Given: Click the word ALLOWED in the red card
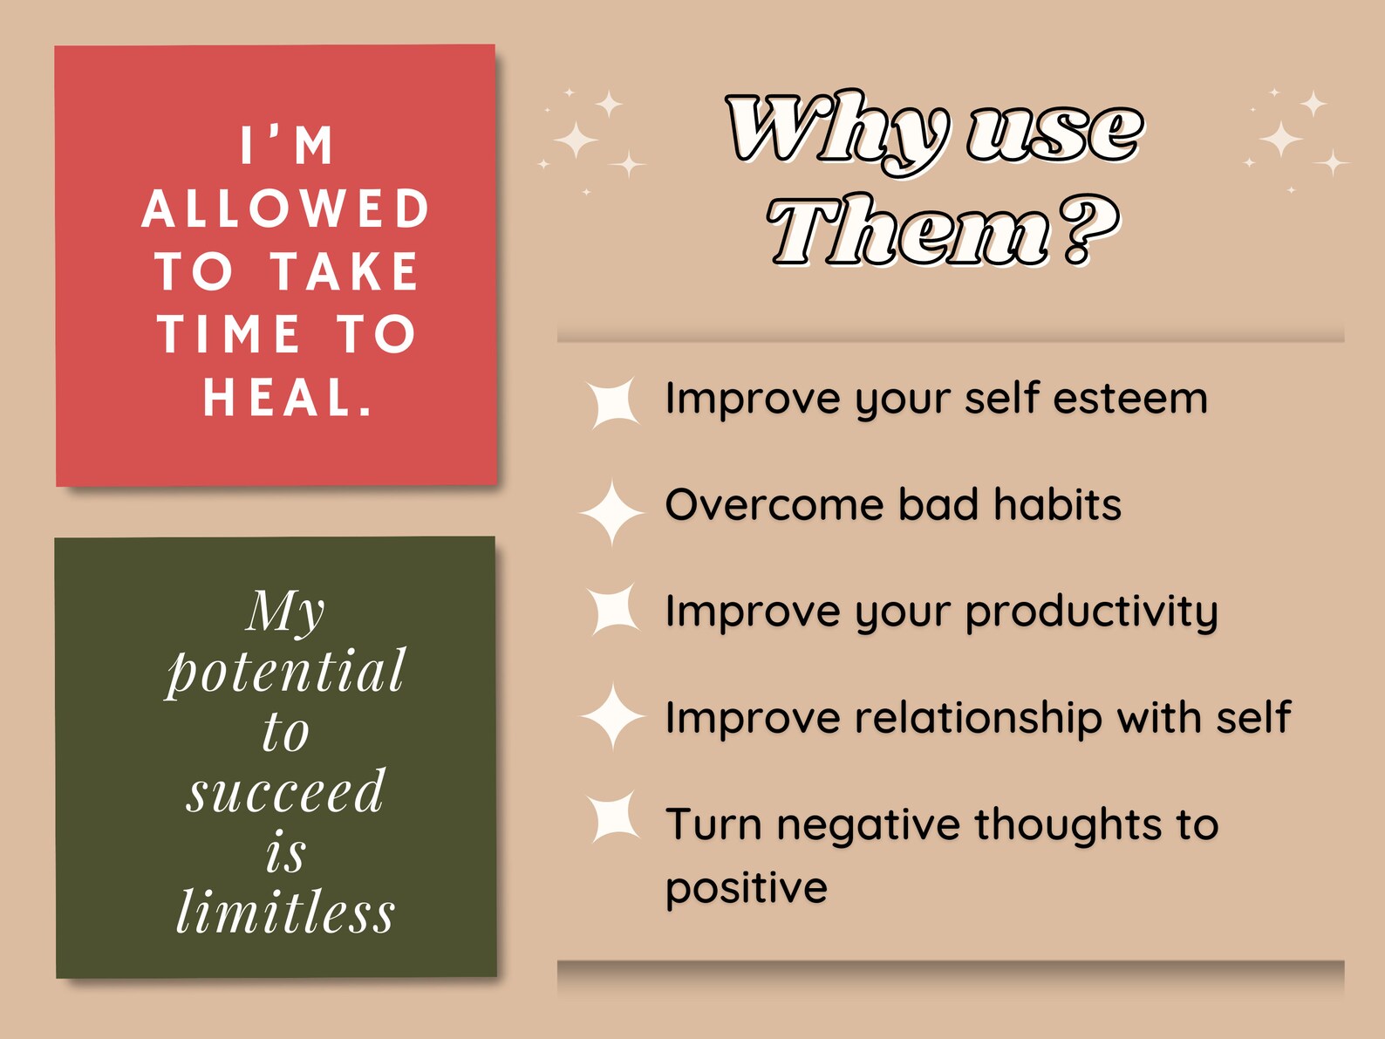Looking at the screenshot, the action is [x=285, y=208].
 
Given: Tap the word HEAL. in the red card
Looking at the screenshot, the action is [x=288, y=398].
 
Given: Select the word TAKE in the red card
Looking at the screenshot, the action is [x=345, y=271].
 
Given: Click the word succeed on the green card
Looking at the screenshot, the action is [x=285, y=791].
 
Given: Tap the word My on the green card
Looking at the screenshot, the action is [x=285, y=611].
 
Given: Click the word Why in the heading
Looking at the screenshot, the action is [x=836, y=133].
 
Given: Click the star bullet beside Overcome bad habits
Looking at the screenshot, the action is [x=612, y=512].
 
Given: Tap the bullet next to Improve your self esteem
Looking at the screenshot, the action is [x=613, y=402].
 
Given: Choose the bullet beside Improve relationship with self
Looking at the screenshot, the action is [x=612, y=716].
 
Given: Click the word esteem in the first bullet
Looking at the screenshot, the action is [x=1130, y=399].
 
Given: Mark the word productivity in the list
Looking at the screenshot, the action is [x=1092, y=612].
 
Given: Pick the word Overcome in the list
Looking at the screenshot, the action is [x=774, y=505].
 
